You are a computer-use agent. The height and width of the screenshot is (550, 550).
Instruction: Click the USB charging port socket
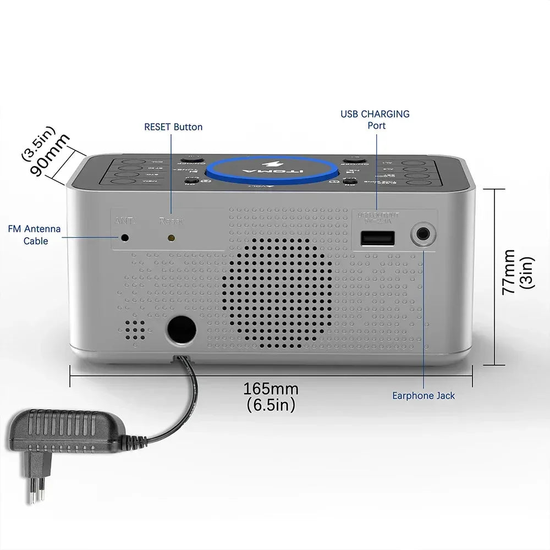click(x=377, y=238)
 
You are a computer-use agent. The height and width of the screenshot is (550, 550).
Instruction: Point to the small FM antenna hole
click(x=125, y=238)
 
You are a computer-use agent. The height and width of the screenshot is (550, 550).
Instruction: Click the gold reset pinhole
click(x=171, y=238)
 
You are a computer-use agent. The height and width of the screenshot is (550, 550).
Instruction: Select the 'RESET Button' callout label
click(x=173, y=127)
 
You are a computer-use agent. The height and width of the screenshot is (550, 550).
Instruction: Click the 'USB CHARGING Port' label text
click(x=375, y=119)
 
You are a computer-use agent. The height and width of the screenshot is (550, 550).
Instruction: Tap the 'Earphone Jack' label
click(x=424, y=395)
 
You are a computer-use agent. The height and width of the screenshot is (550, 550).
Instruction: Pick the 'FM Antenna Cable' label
click(x=35, y=235)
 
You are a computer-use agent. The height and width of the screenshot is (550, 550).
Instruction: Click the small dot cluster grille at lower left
click(x=135, y=329)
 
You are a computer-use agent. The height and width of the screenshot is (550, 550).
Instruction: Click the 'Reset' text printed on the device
click(x=170, y=221)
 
